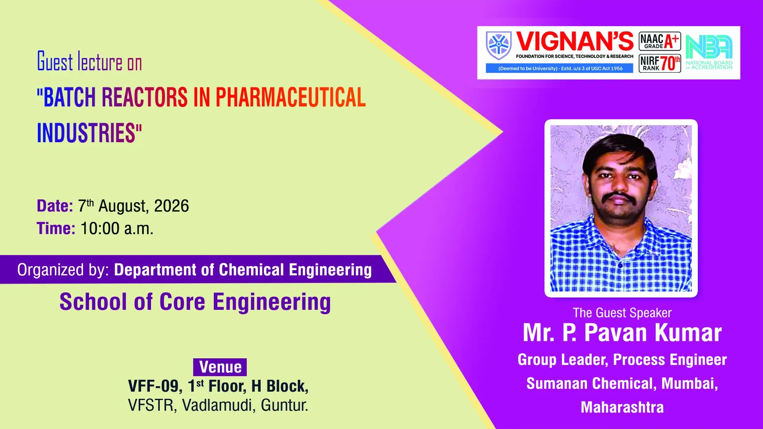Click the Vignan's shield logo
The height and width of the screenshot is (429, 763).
click(499, 45)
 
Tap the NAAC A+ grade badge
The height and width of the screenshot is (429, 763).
click(660, 41)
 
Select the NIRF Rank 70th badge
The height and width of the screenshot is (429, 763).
click(660, 64)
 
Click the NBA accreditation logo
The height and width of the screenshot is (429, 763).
click(709, 52)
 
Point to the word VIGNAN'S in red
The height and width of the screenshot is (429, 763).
click(575, 42)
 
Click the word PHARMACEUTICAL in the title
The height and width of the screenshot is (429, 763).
click(290, 97)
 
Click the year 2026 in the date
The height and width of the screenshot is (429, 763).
click(171, 206)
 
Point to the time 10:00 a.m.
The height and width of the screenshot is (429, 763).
click(117, 228)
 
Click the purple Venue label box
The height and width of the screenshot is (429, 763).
click(220, 367)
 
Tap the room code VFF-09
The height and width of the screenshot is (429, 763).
click(153, 386)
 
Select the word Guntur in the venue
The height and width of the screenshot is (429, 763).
click(285, 405)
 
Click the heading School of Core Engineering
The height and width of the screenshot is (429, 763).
click(195, 302)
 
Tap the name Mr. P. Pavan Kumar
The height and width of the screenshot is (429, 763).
click(622, 333)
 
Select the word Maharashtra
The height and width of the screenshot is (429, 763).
click(622, 408)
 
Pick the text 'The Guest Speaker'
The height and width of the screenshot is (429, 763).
click(622, 313)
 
